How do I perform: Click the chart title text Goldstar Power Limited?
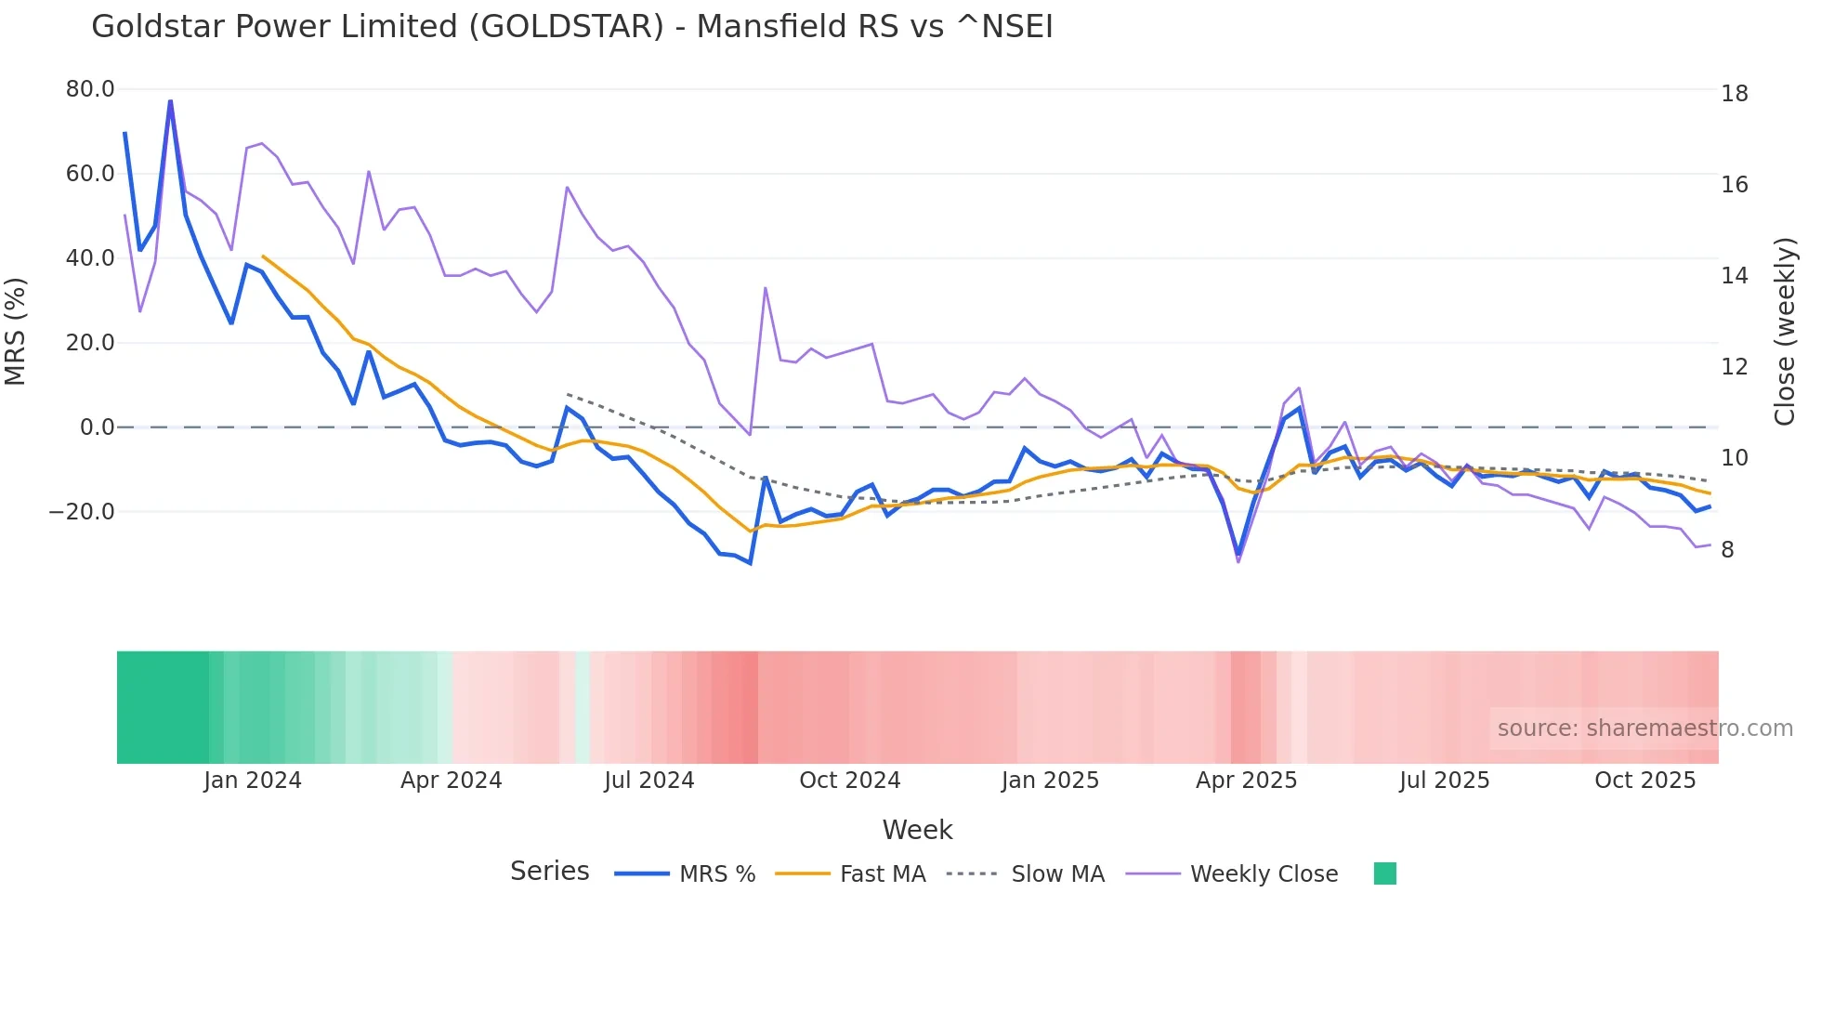pyautogui.click(x=571, y=27)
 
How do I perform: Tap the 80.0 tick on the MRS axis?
pyautogui.click(x=90, y=89)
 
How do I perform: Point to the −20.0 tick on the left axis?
pyautogui.click(x=82, y=512)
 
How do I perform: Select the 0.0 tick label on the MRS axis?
pyautogui.click(x=97, y=427)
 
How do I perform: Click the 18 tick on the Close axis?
pyautogui.click(x=1734, y=94)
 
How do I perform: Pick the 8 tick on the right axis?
pyautogui.click(x=1727, y=550)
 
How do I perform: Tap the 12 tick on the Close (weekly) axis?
pyautogui.click(x=1734, y=367)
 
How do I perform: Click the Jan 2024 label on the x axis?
pyautogui.click(x=253, y=781)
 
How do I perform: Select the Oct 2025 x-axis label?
pyautogui.click(x=1644, y=781)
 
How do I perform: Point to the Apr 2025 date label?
pyautogui.click(x=1246, y=781)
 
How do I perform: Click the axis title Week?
pyautogui.click(x=917, y=830)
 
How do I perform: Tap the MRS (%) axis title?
pyautogui.click(x=16, y=331)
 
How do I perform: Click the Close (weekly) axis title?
pyautogui.click(x=1785, y=332)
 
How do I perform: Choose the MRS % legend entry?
pyautogui.click(x=686, y=874)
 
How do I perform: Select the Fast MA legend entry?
pyautogui.click(x=851, y=874)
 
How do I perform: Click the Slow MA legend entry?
pyautogui.click(x=1026, y=874)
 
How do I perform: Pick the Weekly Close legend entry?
pyautogui.click(x=1232, y=874)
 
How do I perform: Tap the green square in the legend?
pyautogui.click(x=1384, y=873)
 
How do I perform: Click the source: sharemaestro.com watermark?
pyautogui.click(x=1644, y=729)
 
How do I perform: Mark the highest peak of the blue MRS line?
pyautogui.click(x=170, y=100)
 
